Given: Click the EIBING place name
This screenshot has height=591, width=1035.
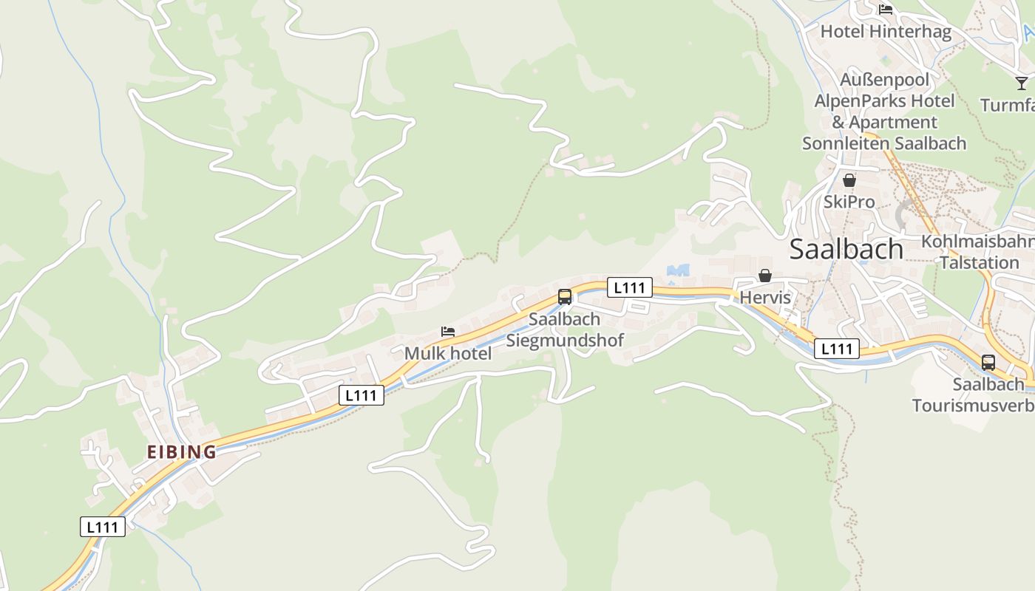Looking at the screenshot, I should pos(181,451).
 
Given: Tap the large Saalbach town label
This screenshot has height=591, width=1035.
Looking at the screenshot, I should pos(846,250).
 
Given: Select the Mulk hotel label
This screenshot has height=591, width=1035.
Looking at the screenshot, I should pos(447,353).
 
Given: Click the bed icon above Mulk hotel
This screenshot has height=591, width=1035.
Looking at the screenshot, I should pos(447,332).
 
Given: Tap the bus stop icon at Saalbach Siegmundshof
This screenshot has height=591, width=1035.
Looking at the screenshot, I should pos(565,297).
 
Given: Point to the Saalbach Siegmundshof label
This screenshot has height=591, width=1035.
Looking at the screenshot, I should pos(565,329).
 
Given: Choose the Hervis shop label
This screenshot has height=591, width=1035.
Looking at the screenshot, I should pos(765,298).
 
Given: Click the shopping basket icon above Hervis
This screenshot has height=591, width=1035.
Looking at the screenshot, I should pos(765,276).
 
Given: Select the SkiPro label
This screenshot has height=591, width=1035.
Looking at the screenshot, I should pos(849,202).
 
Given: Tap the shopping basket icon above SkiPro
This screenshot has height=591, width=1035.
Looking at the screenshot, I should pos(849,180).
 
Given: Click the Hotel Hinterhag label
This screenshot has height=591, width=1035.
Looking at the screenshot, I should pos(886,31).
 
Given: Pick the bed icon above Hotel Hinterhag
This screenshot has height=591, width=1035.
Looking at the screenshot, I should pos(886,10).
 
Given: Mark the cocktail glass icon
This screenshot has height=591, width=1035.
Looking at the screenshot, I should pos(1022,83).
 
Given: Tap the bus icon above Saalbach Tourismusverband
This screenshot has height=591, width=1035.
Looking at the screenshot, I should pos(988,363).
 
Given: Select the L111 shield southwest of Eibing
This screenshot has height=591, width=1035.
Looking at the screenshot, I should pos(103,527).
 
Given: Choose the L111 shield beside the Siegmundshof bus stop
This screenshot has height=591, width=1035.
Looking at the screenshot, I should pos(630,287).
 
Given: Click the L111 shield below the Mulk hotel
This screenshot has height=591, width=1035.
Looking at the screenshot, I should pos(362,395).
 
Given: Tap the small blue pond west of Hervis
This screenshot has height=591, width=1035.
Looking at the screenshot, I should pos(677,271).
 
